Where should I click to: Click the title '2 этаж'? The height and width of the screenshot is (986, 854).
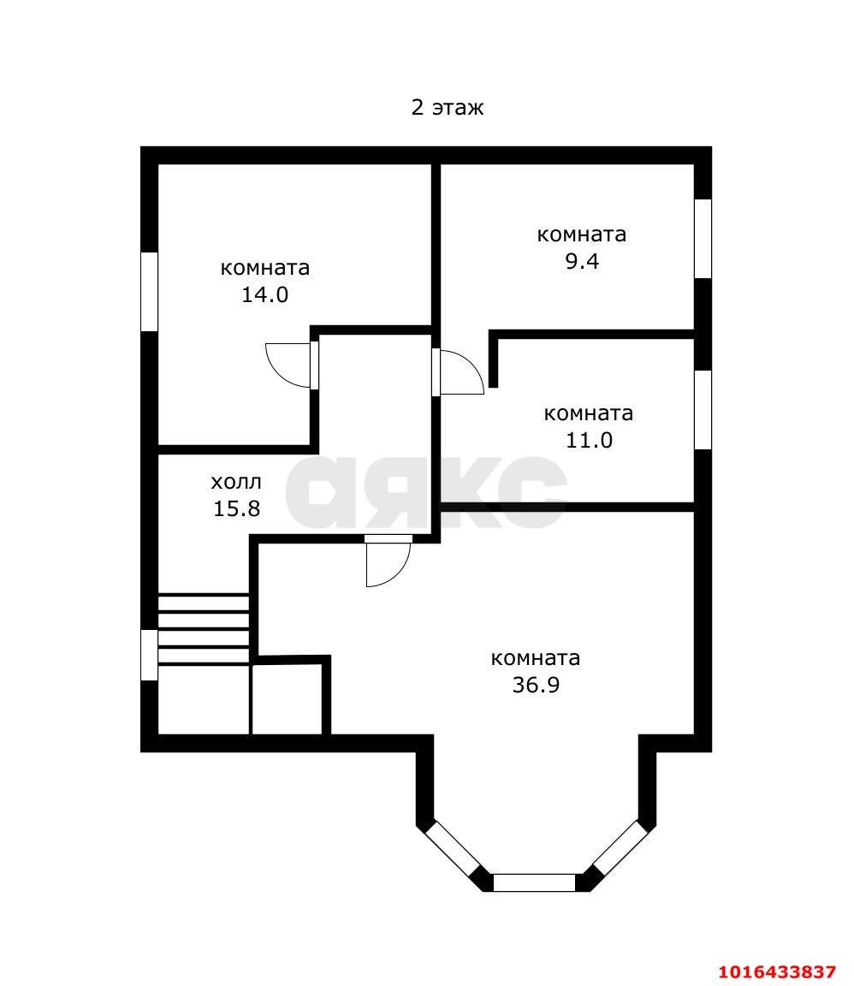tap(448, 108)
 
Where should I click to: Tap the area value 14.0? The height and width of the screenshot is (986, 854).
tap(264, 295)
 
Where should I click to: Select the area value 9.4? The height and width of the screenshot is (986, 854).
tap(581, 261)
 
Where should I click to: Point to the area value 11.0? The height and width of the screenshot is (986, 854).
tap(589, 440)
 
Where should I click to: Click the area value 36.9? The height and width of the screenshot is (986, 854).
tap(536, 685)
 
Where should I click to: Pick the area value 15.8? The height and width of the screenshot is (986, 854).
tap(236, 508)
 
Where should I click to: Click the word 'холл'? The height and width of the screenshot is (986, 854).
tap(236, 482)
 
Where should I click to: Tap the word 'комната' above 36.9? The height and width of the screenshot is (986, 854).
tap(536, 658)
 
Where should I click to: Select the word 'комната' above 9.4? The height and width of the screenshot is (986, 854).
tap(581, 235)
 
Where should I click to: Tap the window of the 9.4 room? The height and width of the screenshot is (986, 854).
tap(703, 239)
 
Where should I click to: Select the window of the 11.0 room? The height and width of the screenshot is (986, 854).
tap(703, 410)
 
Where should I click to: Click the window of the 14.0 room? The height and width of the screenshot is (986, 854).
tap(149, 292)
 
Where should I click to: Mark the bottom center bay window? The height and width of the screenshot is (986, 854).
tap(535, 882)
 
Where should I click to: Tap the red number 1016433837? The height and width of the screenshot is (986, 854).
tap(777, 971)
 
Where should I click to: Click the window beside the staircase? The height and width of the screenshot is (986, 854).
tap(149, 656)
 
